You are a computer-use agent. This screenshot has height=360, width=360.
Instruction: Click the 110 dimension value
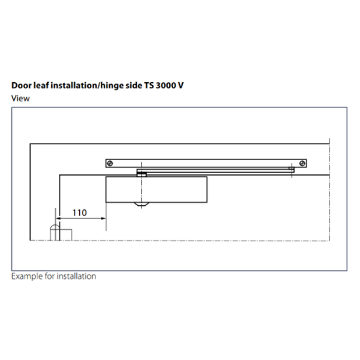(x=80, y=213)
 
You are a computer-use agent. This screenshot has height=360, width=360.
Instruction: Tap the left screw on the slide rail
(x=110, y=163)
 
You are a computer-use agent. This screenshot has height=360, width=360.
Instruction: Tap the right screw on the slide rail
(x=302, y=163)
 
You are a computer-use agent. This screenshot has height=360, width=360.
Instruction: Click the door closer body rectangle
(x=157, y=190)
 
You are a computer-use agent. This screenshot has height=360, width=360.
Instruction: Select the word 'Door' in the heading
(x=22, y=85)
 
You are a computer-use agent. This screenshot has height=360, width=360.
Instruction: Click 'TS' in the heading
(x=149, y=85)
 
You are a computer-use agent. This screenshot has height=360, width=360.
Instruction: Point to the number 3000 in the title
(x=166, y=85)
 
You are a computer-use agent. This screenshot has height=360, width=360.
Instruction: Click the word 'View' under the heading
(x=20, y=98)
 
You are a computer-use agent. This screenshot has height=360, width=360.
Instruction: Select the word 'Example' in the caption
(x=27, y=276)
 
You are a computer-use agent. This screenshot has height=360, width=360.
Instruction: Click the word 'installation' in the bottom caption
(x=76, y=276)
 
